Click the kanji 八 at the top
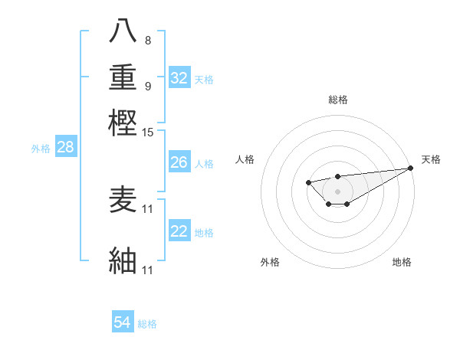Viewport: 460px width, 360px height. (x=123, y=31)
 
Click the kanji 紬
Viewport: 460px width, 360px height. (x=123, y=260)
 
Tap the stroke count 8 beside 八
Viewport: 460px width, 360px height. (x=147, y=40)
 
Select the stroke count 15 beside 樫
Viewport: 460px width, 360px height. (x=148, y=133)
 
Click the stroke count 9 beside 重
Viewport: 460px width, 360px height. (x=147, y=86)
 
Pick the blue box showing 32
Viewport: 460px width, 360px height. (x=179, y=78)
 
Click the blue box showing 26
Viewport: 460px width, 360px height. (x=179, y=162)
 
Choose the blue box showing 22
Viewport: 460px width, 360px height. (x=179, y=231)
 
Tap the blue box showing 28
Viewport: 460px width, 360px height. (x=66, y=148)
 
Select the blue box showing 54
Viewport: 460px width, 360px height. (x=123, y=322)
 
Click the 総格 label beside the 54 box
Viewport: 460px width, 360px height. (x=147, y=324)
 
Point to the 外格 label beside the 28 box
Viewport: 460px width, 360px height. (x=41, y=149)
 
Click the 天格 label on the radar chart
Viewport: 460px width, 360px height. (x=431, y=159)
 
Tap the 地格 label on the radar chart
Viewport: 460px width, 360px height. (x=402, y=262)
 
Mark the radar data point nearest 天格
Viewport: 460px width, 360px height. (x=410, y=168)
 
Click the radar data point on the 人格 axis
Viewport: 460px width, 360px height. (x=308, y=182)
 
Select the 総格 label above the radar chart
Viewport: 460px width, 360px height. (x=337, y=100)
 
